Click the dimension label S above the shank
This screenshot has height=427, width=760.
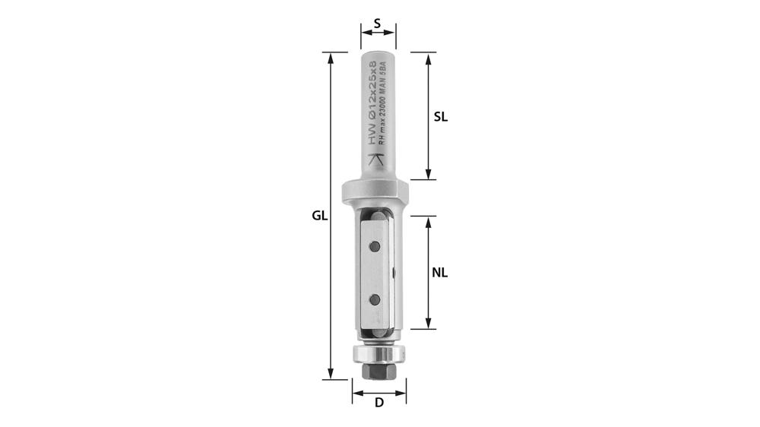[378, 23]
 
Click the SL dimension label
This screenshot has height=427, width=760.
[441, 117]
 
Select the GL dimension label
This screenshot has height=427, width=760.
[319, 216]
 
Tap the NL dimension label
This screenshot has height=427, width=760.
[440, 273]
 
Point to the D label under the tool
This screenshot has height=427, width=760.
[378, 403]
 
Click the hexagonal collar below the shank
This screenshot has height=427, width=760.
[376, 190]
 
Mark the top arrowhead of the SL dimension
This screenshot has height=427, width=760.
[428, 57]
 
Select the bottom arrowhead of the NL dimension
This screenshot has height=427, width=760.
[428, 324]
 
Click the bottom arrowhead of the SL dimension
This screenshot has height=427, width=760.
[428, 174]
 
